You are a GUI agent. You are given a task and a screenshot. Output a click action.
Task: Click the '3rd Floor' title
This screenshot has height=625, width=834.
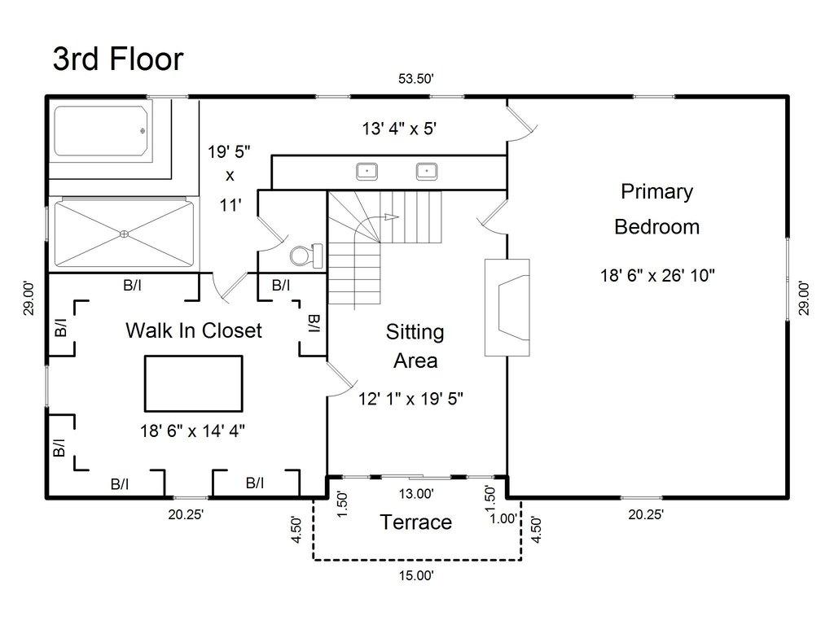(x=118, y=59)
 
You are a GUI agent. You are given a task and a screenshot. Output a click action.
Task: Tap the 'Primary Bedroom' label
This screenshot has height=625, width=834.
(x=656, y=209)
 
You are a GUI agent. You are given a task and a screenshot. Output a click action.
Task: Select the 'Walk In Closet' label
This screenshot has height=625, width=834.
(x=194, y=330)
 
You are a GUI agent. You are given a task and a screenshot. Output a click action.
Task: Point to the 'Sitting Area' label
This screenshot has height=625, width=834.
(x=415, y=346)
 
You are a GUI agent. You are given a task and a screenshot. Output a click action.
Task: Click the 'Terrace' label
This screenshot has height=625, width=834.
(x=415, y=522)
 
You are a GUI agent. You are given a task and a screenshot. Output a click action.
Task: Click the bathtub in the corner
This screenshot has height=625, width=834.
(x=102, y=130)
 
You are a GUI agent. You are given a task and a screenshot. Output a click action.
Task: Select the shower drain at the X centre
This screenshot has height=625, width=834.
(x=124, y=234)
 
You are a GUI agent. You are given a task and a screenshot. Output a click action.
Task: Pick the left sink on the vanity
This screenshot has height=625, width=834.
(x=367, y=171)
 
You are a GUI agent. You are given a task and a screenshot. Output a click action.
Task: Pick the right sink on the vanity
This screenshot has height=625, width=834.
(x=427, y=171)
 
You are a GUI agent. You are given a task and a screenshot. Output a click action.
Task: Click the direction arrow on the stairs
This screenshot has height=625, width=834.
(x=391, y=217)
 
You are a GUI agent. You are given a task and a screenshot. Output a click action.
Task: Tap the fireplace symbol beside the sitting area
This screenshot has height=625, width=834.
(x=507, y=307)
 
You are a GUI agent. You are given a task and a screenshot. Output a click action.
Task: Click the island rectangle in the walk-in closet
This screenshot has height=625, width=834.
(x=193, y=383)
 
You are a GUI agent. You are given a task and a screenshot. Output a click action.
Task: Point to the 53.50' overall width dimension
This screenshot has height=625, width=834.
(x=415, y=80)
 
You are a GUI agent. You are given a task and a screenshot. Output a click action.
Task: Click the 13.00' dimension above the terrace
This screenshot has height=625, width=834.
(x=415, y=493)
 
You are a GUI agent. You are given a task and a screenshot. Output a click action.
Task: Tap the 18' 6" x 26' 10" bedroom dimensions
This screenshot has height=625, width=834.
(x=657, y=275)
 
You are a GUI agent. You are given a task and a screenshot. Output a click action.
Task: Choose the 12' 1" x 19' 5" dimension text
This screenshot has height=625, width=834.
(x=411, y=399)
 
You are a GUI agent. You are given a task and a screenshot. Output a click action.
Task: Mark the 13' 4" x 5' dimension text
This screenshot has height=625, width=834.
(x=402, y=128)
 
